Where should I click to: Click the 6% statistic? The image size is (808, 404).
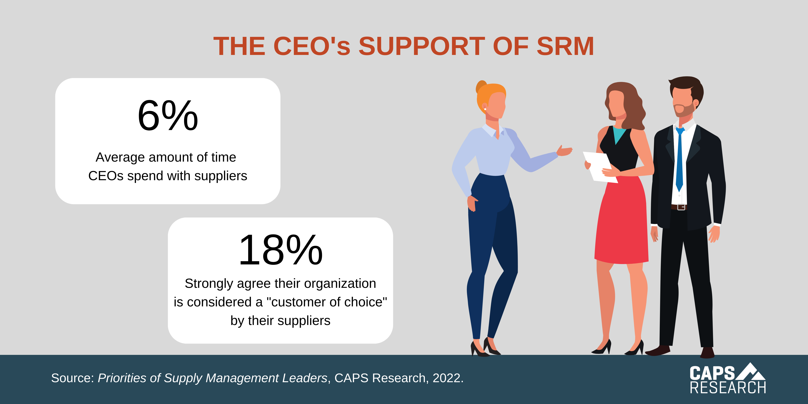pos(168,115)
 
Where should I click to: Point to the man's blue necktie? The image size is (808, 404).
pos(679,160)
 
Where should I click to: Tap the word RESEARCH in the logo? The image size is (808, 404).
pos(728,388)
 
